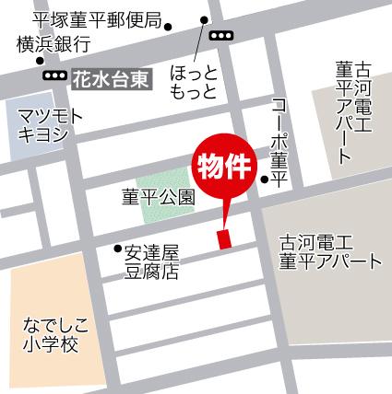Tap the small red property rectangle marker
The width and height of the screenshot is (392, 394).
(x=221, y=238)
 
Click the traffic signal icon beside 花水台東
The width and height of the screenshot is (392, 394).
(x=54, y=76)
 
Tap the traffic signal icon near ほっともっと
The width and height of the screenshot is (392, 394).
(x=221, y=35)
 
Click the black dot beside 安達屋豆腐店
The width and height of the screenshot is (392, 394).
(x=117, y=248)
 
